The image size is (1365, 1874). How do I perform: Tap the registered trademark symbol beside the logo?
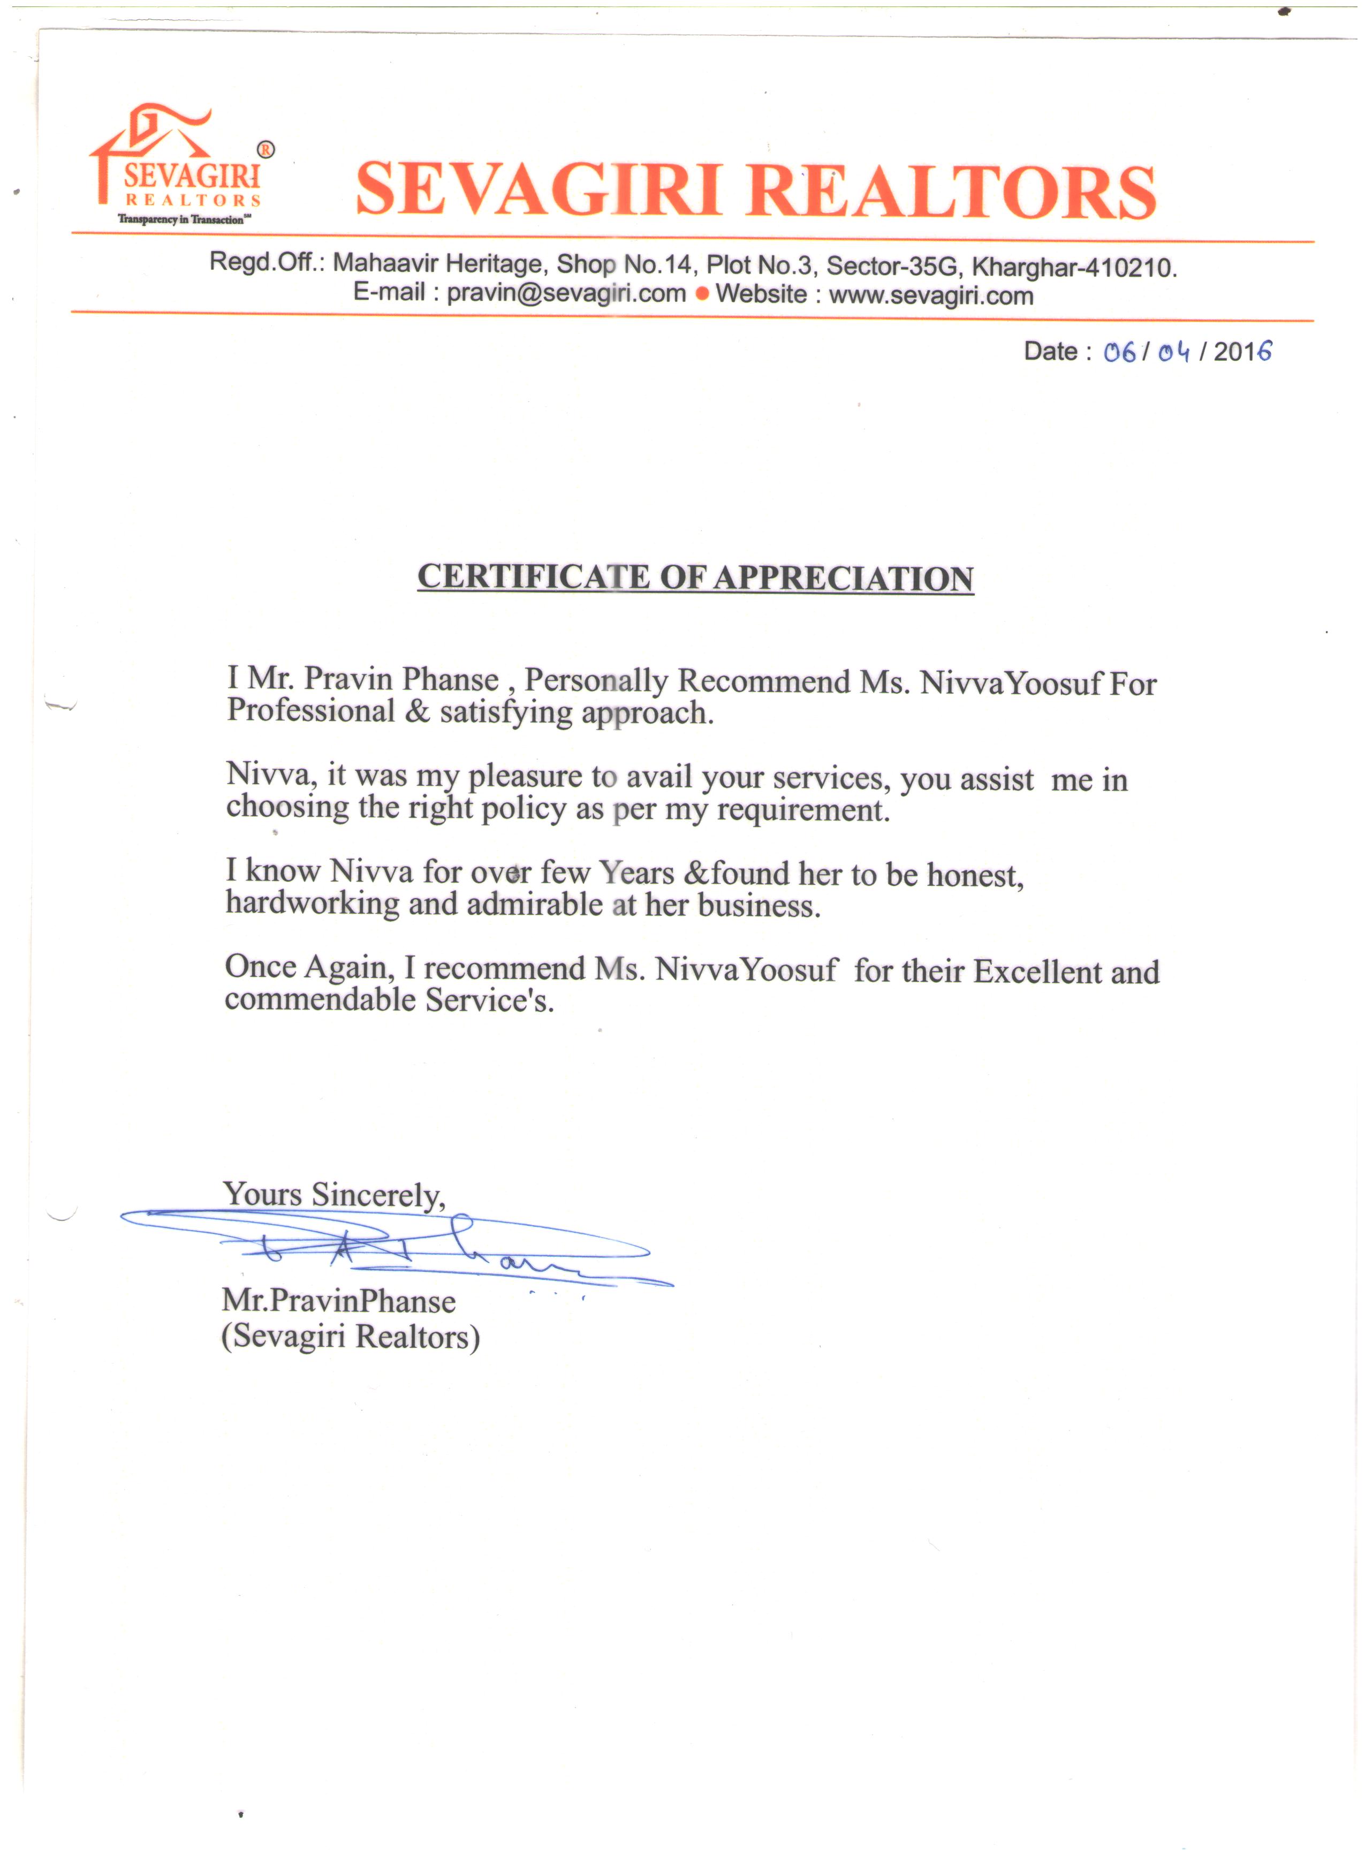click(266, 149)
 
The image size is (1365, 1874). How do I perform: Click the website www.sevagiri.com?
click(931, 295)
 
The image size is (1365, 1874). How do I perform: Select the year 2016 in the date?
click(1242, 352)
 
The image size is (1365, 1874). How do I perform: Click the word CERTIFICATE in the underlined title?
click(533, 576)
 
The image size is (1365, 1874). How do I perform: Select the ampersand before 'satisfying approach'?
click(418, 711)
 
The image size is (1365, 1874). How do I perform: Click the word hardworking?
click(312, 902)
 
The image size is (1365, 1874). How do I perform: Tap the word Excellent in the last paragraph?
click(1037, 972)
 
